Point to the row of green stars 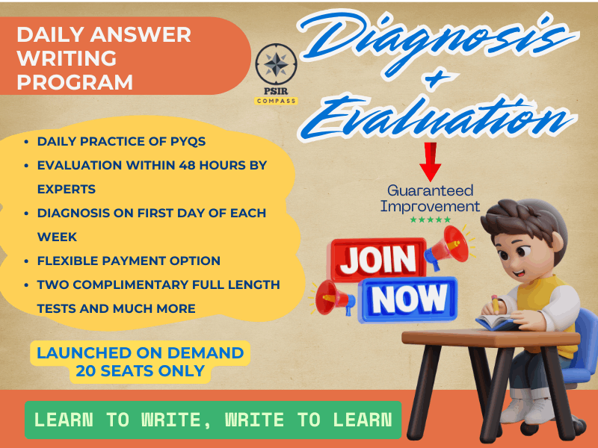[430, 220]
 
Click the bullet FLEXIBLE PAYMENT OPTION [129, 261]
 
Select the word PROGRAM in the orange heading [75, 81]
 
